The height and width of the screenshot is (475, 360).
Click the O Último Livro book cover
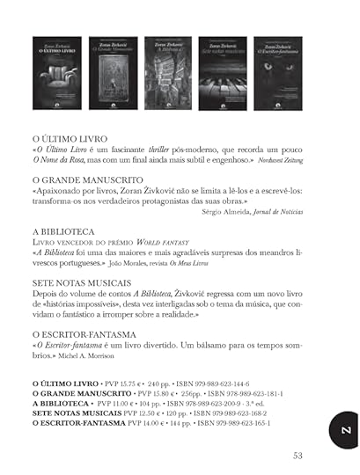tap(55, 72)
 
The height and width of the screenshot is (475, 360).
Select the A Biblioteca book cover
tap(167, 72)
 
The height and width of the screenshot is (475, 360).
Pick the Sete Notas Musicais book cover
tap(222, 72)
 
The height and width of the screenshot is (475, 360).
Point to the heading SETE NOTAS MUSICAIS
tap(82, 284)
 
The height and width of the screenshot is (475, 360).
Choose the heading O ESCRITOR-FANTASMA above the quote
tap(84, 335)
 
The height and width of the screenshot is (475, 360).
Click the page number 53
tap(298, 455)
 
